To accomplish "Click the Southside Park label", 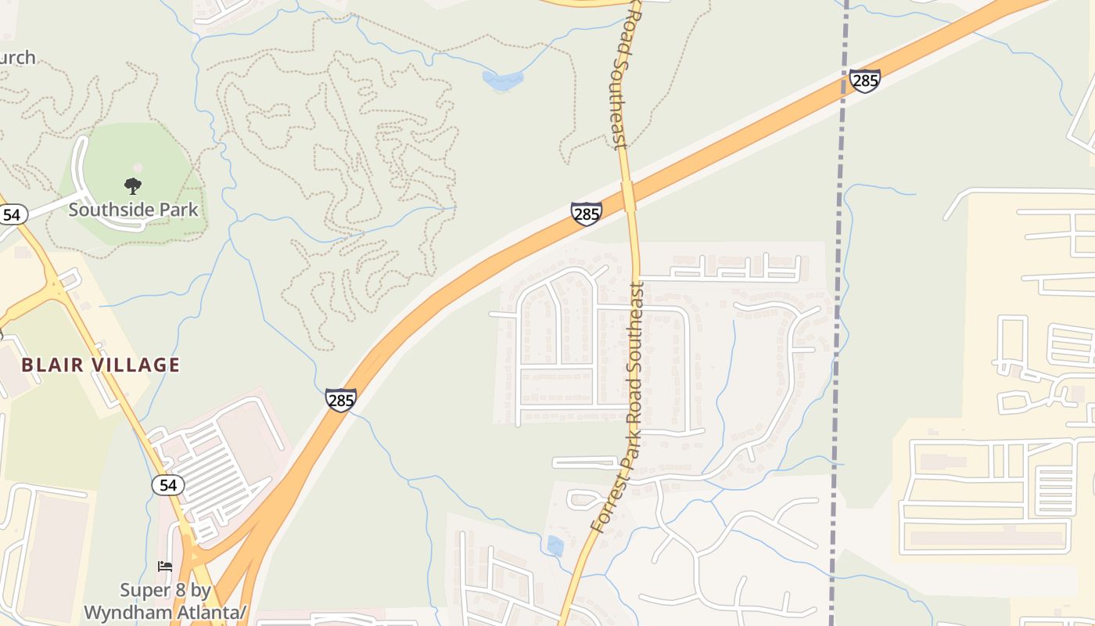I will [133, 210].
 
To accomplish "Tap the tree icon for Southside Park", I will [133, 186].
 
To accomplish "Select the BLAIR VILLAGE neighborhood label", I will [101, 365].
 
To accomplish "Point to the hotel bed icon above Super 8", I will [165, 566].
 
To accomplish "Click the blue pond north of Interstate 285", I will [502, 79].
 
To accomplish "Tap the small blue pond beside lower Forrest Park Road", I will [555, 545].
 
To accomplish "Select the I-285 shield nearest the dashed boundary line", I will [864, 81].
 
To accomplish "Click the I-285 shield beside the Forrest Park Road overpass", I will [586, 213].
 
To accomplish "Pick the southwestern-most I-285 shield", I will [341, 400].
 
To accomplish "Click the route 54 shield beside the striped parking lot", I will [167, 485].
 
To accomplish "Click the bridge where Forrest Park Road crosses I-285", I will [628, 196].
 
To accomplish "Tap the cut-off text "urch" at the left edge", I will [17, 57].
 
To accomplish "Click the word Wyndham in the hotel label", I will [127, 611].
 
